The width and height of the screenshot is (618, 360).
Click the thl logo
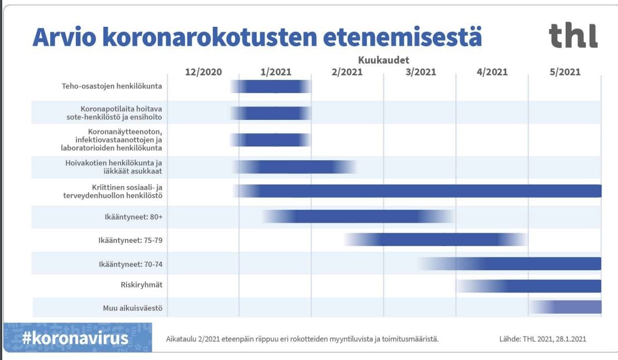(573, 36)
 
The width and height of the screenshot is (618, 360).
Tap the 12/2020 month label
(203, 72)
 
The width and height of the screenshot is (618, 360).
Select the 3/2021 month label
(420, 72)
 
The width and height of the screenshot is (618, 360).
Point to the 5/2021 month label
(564, 72)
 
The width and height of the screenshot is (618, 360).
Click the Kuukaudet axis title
(384, 60)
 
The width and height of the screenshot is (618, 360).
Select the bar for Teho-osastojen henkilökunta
(271, 87)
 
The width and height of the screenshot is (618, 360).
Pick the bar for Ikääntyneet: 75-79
(435, 239)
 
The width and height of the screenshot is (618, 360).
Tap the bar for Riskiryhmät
(530, 286)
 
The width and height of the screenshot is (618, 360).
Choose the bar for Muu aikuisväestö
(566, 307)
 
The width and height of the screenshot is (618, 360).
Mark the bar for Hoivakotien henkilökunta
(294, 167)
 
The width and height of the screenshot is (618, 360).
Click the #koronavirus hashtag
(75, 338)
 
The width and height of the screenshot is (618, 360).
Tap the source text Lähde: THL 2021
(542, 339)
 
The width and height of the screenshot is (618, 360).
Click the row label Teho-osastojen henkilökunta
(112, 87)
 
